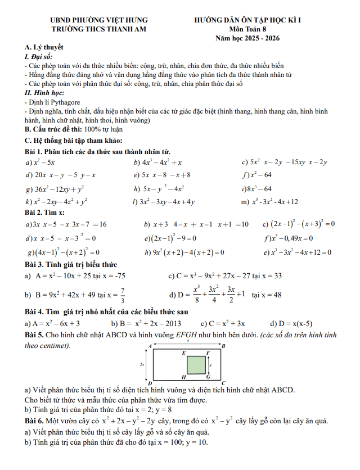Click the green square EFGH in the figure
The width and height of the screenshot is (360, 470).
(x=196, y=364)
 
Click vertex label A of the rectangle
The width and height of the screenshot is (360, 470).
(x=150, y=345)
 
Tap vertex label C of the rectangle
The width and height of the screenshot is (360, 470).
(x=223, y=382)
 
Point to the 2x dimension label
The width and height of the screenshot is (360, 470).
(x=142, y=364)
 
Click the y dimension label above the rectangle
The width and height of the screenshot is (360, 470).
(x=188, y=341)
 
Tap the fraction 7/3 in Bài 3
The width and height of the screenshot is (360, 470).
(x=123, y=294)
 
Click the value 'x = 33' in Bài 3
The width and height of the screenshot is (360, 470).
(x=271, y=276)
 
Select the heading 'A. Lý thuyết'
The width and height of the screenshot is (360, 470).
(x=44, y=47)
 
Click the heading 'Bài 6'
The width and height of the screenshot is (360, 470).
(x=34, y=421)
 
